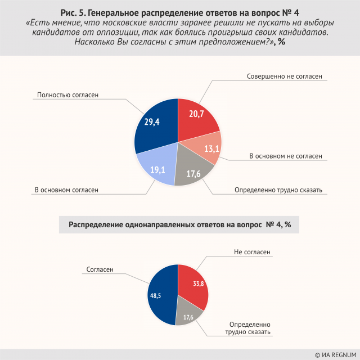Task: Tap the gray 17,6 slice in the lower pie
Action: point(188,317)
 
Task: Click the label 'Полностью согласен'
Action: point(67,95)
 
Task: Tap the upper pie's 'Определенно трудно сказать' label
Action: point(278,190)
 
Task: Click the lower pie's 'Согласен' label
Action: point(100,269)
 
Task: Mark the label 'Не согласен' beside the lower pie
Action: point(252,253)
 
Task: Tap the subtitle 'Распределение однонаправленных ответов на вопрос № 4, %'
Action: point(179,225)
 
